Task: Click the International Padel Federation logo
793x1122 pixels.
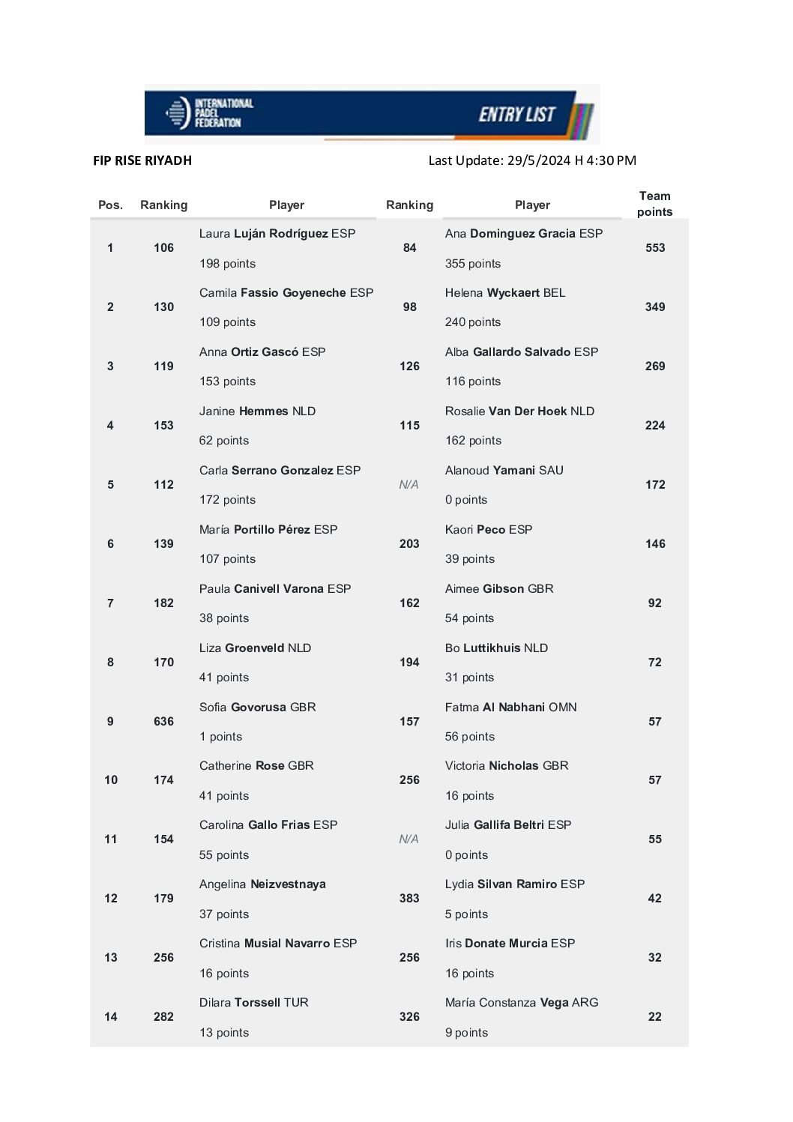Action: click(x=209, y=113)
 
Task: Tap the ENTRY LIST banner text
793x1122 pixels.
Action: click(x=516, y=114)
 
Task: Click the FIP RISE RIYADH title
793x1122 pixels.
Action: click(x=142, y=160)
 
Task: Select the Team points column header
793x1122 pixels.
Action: click(x=654, y=204)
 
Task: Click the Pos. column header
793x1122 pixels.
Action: click(x=110, y=205)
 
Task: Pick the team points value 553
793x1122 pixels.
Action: click(x=654, y=248)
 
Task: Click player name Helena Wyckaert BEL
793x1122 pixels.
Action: click(x=504, y=292)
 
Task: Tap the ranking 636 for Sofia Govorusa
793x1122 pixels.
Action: click(x=163, y=721)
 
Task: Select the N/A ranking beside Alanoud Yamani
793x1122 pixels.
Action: click(x=408, y=485)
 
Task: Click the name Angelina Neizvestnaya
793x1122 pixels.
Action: click(x=262, y=884)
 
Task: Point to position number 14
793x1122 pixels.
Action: click(x=110, y=1017)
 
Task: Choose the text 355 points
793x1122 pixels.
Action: click(x=472, y=264)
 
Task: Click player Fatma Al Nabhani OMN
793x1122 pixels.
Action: click(x=510, y=707)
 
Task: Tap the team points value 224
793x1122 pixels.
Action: click(x=654, y=426)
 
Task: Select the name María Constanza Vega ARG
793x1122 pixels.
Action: click(x=521, y=1003)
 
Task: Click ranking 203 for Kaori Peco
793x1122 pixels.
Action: click(x=409, y=544)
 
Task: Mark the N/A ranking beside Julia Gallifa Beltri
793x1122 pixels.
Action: click(x=408, y=839)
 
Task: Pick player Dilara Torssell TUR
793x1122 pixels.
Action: click(x=253, y=1003)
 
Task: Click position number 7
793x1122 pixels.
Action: click(x=110, y=603)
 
